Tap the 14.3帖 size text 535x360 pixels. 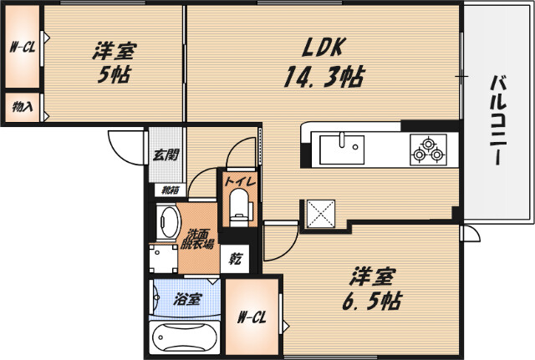tap(323, 78)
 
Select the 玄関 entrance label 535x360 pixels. tap(166, 154)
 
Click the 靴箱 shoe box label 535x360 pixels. tap(170, 190)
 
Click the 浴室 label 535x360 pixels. tap(186, 298)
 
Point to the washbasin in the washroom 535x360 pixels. tap(169, 223)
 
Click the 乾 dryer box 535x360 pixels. tap(236, 259)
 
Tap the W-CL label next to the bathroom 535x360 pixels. tap(252, 317)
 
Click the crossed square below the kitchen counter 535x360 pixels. tap(321, 212)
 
